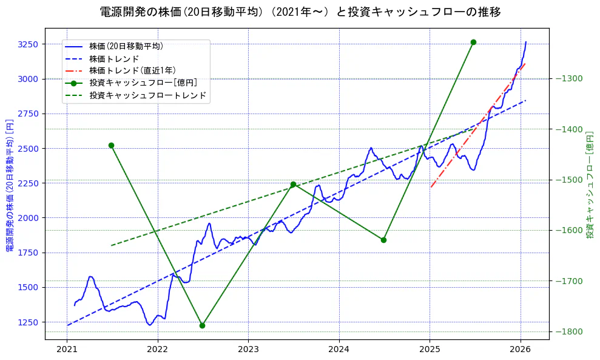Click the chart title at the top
click(300, 12)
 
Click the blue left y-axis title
click(9, 183)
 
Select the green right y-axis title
click(590, 183)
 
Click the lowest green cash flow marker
click(202, 325)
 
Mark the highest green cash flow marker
click(473, 42)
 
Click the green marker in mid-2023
click(293, 184)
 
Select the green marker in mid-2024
click(383, 240)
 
